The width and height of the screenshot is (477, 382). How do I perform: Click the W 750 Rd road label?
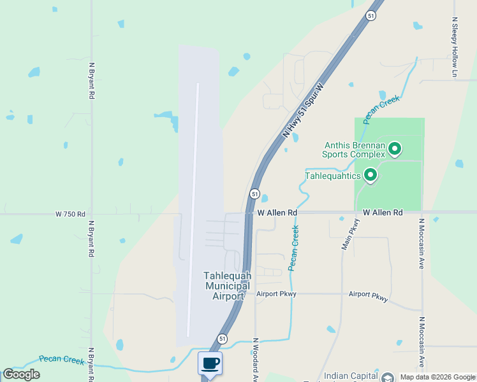click(x=70, y=215)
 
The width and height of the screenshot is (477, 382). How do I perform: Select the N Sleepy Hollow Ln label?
click(x=455, y=48)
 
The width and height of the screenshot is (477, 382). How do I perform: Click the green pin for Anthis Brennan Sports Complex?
click(x=395, y=149)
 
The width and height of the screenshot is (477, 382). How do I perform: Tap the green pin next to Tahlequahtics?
click(x=369, y=175)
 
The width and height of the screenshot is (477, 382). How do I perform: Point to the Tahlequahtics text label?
click(x=333, y=176)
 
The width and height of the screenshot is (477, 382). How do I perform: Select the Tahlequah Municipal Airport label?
click(x=227, y=286)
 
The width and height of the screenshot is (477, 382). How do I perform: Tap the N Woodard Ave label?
click(x=255, y=360)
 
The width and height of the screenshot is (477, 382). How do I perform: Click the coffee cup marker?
click(x=210, y=364)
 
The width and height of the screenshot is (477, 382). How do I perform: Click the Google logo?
click(x=21, y=374)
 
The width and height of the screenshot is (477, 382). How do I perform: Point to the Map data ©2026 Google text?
click(x=437, y=377)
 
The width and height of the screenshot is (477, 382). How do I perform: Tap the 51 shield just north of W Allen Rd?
click(x=254, y=194)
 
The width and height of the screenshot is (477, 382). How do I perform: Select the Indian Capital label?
click(x=350, y=376)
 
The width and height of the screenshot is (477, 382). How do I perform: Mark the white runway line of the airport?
click(x=193, y=210)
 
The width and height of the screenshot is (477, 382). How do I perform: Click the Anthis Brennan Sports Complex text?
click(x=353, y=149)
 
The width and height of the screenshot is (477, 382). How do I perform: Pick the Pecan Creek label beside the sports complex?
click(x=381, y=109)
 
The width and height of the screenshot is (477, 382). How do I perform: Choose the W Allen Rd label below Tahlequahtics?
click(x=383, y=212)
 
